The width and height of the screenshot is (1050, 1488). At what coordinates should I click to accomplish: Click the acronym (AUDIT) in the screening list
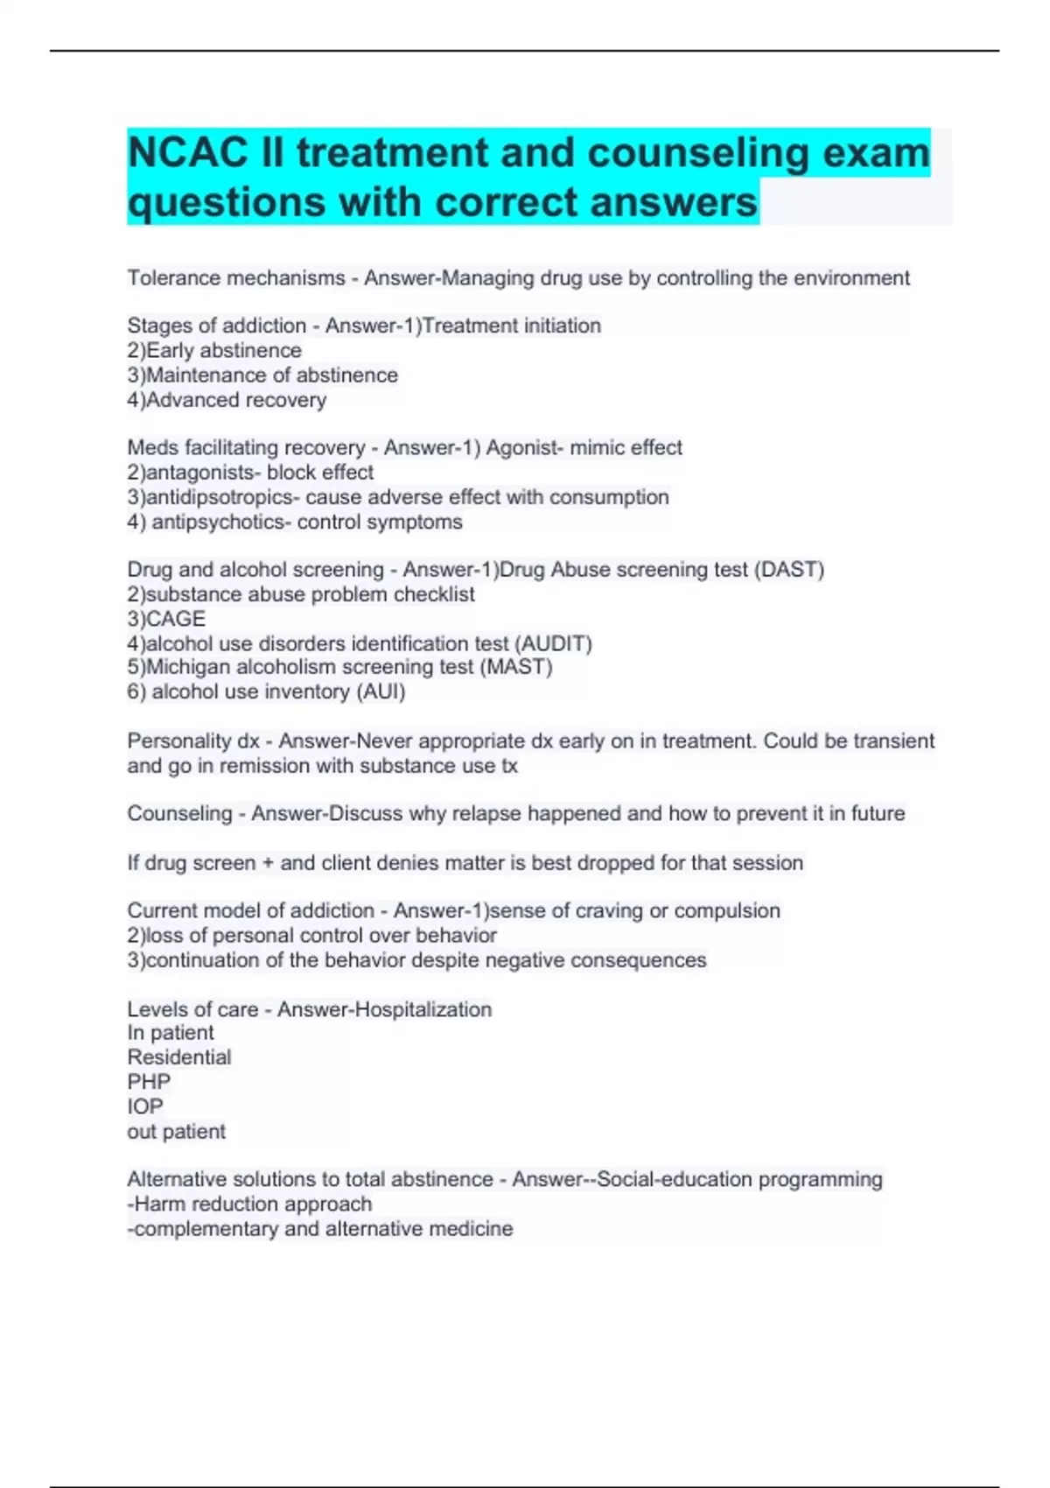coord(554,644)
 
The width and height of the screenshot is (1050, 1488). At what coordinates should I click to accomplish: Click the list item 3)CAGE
coord(166,619)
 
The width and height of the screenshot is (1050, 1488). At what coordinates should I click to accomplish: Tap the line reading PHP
coord(149,1082)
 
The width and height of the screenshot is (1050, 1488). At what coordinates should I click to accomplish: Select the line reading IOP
coord(145,1106)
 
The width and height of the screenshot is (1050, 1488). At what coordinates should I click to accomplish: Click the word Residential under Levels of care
coord(179,1057)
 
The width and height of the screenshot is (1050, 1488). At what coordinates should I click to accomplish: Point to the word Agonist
coord(523,448)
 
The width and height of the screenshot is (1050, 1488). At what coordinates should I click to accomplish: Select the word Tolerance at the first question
coord(173,278)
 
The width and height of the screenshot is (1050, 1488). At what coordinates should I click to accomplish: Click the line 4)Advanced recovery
coord(227,400)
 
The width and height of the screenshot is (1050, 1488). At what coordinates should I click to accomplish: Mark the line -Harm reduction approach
coord(249,1204)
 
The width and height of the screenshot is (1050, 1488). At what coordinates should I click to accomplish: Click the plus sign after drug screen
coord(268,863)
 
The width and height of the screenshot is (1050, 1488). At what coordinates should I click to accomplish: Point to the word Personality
coord(178,741)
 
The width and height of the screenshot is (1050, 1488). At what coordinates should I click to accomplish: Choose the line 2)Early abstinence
coord(214,351)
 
